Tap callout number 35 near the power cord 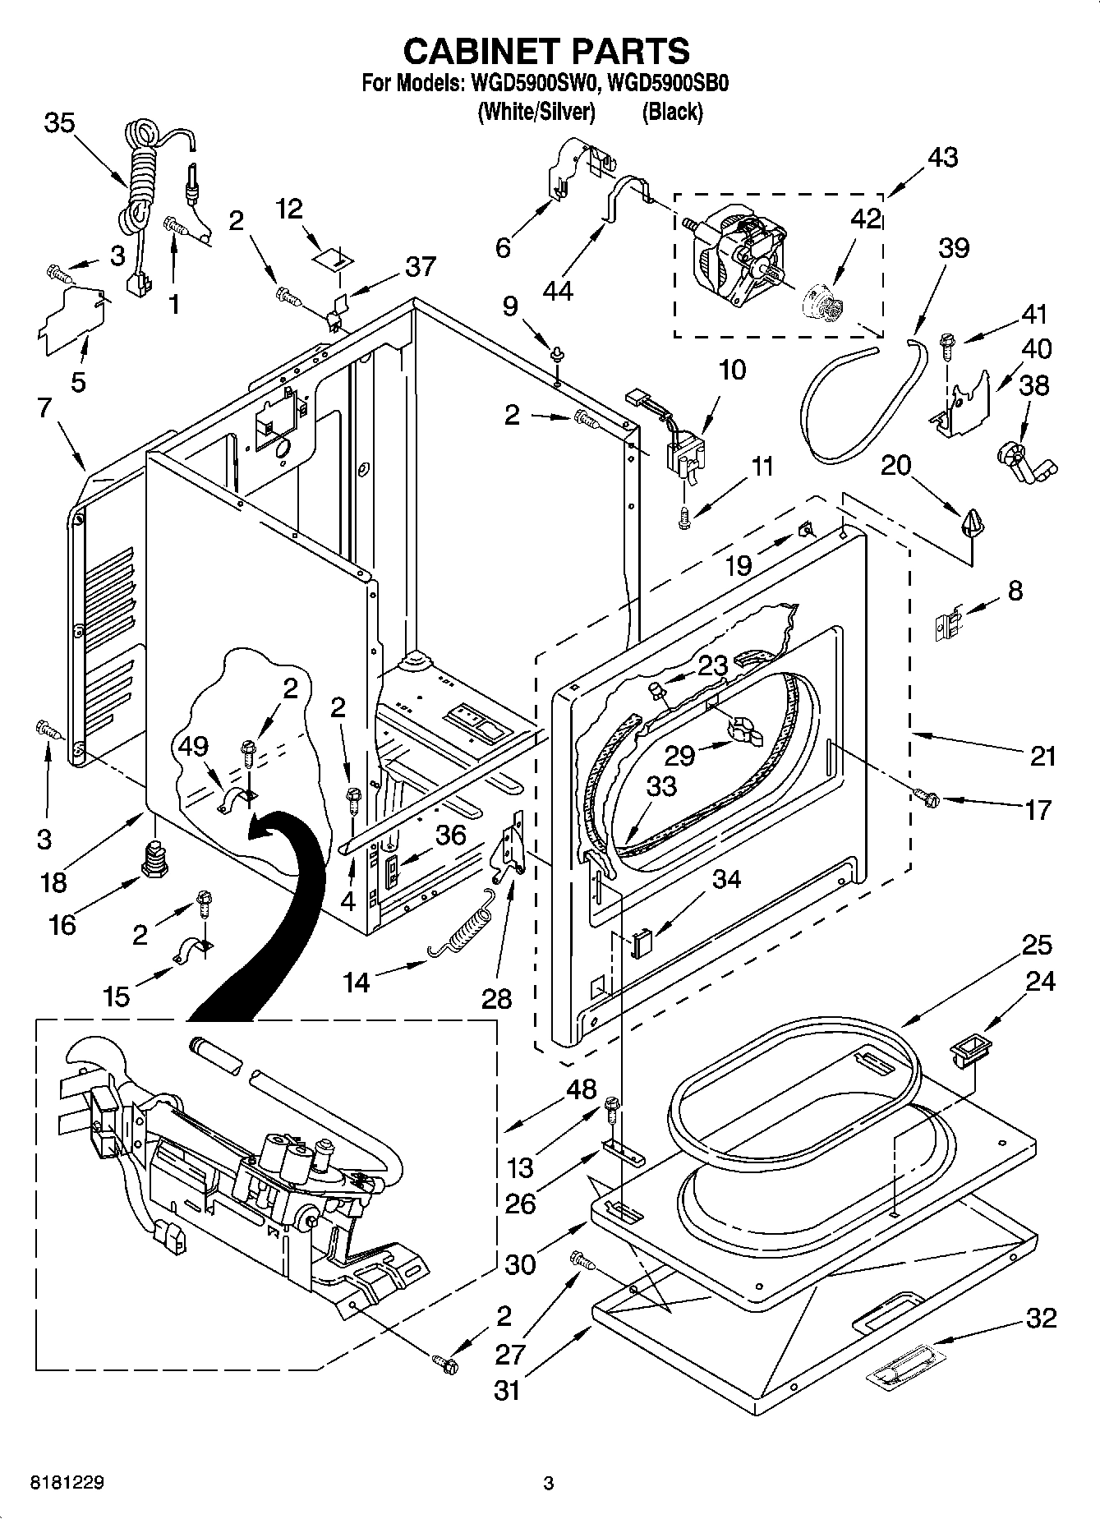click(59, 123)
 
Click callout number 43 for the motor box click(942, 157)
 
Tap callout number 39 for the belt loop click(953, 247)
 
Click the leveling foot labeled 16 click(153, 859)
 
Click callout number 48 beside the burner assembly click(581, 1089)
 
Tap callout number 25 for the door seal click(1037, 945)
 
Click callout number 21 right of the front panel click(1041, 756)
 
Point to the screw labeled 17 click(927, 795)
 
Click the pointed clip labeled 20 click(974, 522)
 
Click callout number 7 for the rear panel click(45, 408)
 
